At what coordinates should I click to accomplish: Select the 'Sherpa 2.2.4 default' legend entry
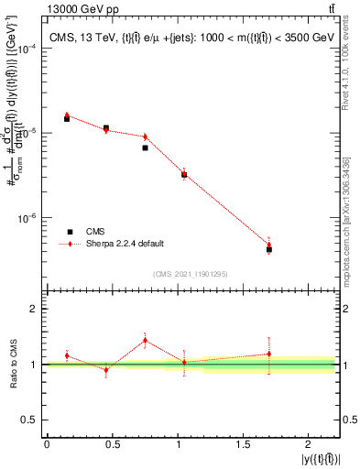(x=125, y=244)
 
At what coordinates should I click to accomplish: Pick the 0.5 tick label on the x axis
(x=112, y=444)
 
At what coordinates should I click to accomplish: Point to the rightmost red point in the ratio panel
(x=269, y=354)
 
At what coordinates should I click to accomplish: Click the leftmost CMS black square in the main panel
(x=67, y=119)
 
